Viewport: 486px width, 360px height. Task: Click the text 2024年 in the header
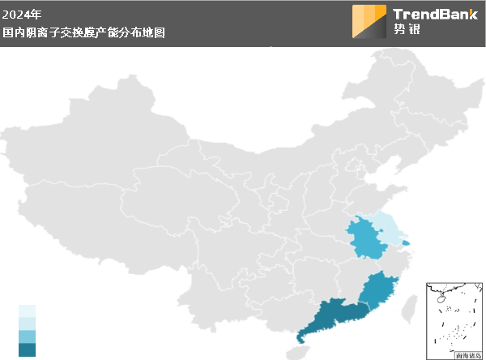click(21, 14)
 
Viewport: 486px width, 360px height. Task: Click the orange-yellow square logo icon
click(369, 22)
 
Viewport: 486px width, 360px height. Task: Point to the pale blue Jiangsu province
click(387, 229)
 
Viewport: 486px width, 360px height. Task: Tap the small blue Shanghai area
click(406, 241)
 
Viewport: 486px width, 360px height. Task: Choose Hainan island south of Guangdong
click(298, 352)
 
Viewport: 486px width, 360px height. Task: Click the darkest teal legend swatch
click(28, 349)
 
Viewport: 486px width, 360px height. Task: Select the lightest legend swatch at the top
click(28, 311)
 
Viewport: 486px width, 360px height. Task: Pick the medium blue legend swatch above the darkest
click(28, 336)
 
